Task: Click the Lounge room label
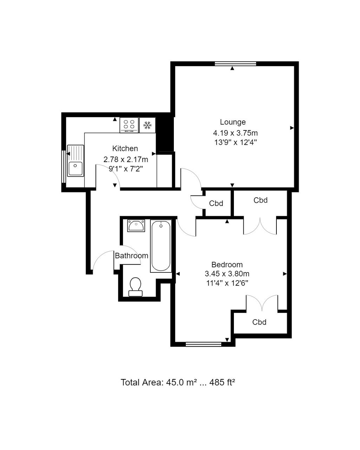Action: [233, 122]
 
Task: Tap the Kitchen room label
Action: [125, 148]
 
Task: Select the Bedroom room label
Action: [227, 265]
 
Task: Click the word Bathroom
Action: [131, 256]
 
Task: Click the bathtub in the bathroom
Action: [161, 246]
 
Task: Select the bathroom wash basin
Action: [136, 225]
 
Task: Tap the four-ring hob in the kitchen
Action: [129, 125]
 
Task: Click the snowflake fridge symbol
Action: [148, 125]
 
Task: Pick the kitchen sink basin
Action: [76, 168]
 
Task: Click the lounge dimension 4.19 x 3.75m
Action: [235, 133]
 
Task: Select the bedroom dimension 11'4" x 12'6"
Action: [227, 283]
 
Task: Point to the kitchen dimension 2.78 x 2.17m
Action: [126, 159]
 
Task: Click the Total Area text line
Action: [178, 382]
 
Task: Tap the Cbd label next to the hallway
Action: [216, 203]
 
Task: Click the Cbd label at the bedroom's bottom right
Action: [259, 322]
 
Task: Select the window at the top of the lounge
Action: [235, 64]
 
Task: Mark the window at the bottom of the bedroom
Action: [204, 344]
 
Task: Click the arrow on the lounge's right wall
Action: [292, 128]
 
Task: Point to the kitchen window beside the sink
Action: [64, 167]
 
